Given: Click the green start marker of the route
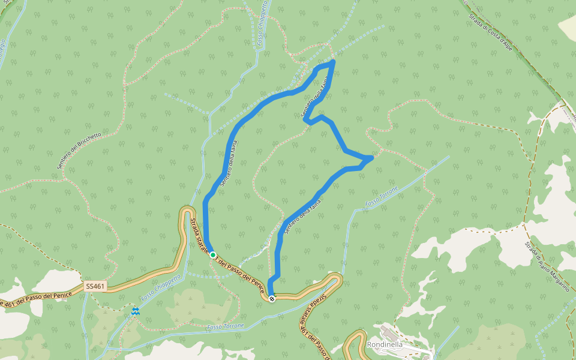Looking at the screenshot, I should [x=213, y=255].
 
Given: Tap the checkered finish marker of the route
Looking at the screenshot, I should [x=272, y=298].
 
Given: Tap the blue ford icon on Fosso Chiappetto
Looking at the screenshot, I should [x=136, y=311].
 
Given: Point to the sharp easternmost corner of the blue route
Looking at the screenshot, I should [x=372, y=157].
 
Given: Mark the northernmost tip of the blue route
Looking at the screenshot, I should [x=333, y=62].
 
